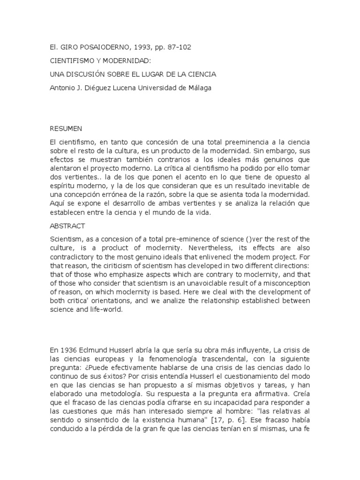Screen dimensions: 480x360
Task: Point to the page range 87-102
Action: pyautogui.click(x=176, y=47)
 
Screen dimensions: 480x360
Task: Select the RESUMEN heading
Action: pyautogui.click(x=66, y=128)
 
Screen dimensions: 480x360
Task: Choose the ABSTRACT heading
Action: pyautogui.click(x=67, y=226)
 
